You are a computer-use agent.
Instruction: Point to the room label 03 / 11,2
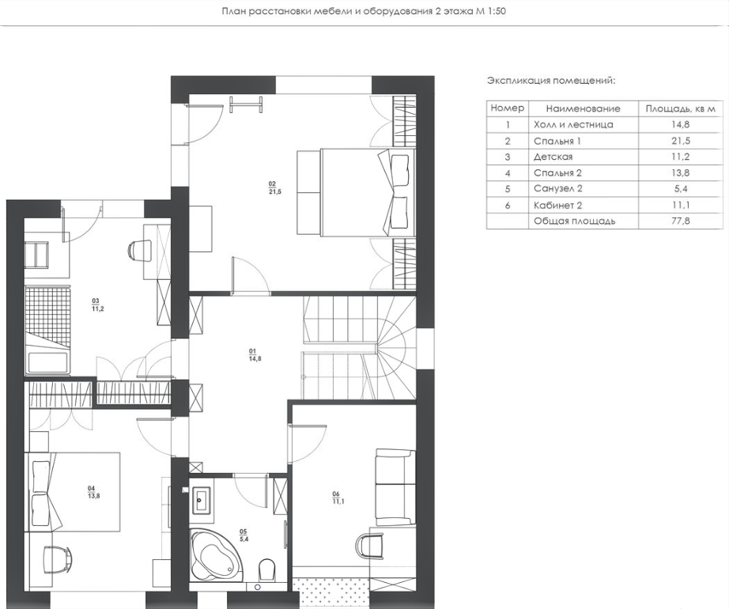click(97, 304)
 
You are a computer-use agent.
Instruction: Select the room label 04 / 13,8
click(93, 492)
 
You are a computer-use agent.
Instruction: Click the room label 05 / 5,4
click(244, 535)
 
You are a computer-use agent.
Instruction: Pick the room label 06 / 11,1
click(338, 497)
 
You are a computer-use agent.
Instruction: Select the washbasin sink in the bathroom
click(201, 500)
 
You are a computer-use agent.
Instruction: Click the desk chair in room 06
click(370, 545)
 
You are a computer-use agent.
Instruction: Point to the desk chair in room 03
click(138, 251)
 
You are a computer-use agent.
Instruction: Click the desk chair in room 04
click(57, 560)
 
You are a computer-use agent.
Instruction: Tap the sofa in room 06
click(395, 486)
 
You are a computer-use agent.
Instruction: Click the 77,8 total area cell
click(681, 221)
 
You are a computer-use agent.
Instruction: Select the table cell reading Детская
click(553, 157)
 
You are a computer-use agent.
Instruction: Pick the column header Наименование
click(583, 109)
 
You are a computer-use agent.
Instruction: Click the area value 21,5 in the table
click(681, 141)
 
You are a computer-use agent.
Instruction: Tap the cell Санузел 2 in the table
click(558, 189)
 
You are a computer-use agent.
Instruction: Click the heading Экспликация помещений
click(551, 81)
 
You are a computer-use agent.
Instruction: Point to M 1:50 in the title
click(490, 11)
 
